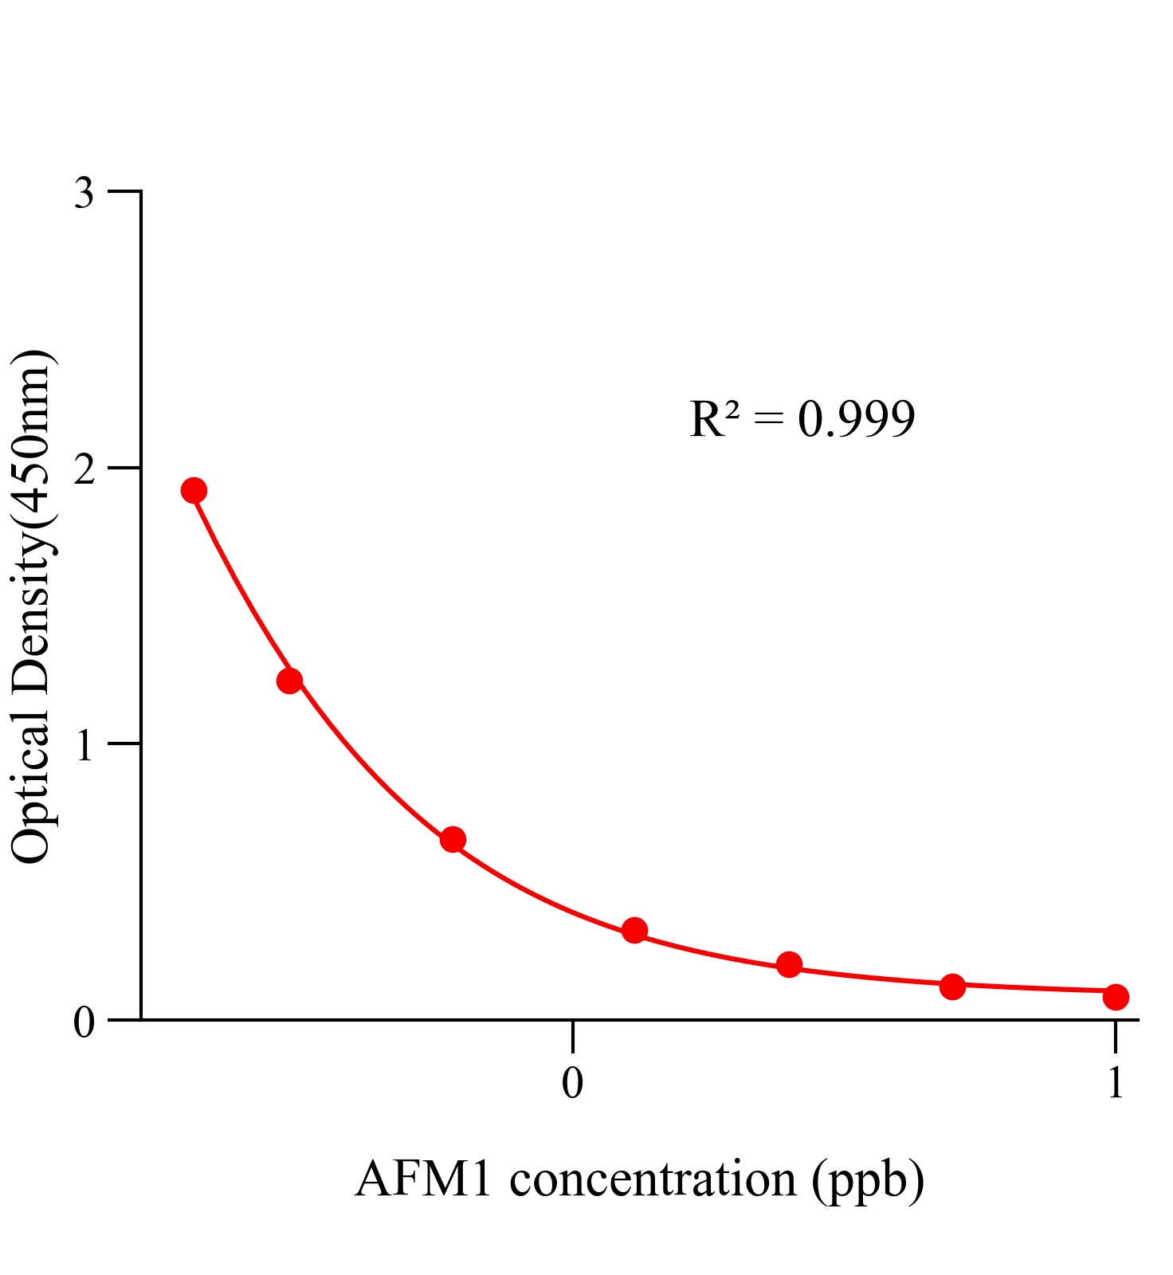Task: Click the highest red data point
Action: point(194,490)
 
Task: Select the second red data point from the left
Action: point(289,681)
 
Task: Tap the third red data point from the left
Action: point(453,839)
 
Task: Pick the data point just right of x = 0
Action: point(634,930)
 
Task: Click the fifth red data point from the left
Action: point(789,965)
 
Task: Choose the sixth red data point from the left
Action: point(952,987)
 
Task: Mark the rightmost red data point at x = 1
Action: point(1116,997)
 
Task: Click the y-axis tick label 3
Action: point(84,194)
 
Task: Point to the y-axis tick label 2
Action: point(84,470)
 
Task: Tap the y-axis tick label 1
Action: point(84,747)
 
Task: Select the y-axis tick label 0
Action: point(84,1022)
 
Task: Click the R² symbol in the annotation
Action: point(715,419)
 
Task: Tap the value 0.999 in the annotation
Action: point(857,420)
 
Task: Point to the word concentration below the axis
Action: point(653,1179)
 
